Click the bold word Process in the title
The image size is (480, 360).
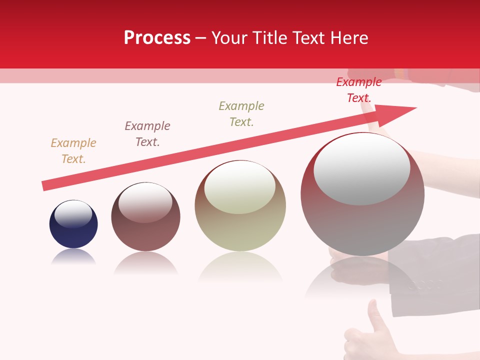(x=157, y=38)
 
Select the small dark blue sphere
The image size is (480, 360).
(x=73, y=230)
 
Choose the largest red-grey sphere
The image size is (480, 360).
(x=362, y=220)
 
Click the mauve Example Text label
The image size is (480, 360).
(x=147, y=134)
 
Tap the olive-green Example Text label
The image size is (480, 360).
(x=241, y=114)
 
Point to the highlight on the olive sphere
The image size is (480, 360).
(x=240, y=187)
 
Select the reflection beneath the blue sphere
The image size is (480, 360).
(x=73, y=257)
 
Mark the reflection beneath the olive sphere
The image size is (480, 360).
(x=240, y=267)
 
